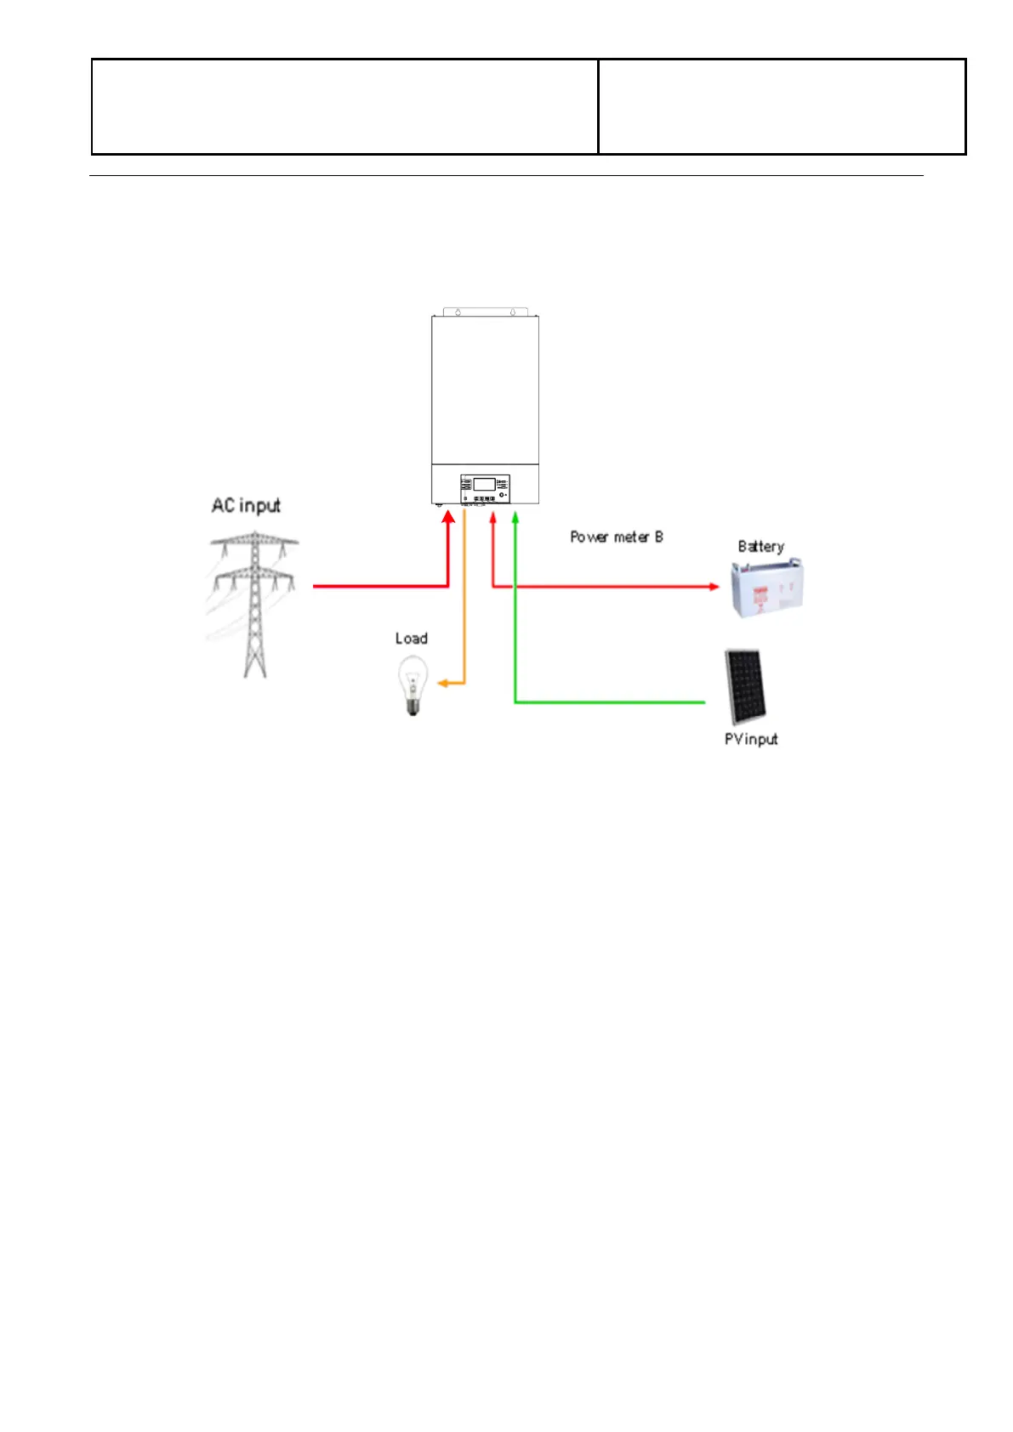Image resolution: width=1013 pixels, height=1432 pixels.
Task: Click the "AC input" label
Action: tap(246, 505)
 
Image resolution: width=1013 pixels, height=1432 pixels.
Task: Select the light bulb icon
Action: tap(413, 685)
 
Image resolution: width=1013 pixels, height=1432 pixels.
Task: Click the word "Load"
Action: tap(411, 638)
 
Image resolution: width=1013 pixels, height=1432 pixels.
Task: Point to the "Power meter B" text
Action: tap(617, 537)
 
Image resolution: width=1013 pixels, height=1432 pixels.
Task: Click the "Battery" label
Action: tap(760, 546)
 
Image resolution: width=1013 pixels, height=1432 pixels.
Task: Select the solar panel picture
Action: tap(745, 687)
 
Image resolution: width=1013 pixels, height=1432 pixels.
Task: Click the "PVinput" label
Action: tap(750, 739)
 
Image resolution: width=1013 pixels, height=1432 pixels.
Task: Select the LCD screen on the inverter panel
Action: tap(485, 484)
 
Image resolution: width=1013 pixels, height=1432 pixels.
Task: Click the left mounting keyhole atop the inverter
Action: tap(458, 312)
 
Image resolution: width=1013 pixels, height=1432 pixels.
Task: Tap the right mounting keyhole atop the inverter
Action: tap(512, 312)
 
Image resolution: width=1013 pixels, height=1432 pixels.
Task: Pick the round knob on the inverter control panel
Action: tap(502, 494)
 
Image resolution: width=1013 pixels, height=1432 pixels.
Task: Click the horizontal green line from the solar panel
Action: tap(609, 702)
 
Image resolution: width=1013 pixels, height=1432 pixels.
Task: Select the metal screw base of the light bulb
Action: tap(413, 707)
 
